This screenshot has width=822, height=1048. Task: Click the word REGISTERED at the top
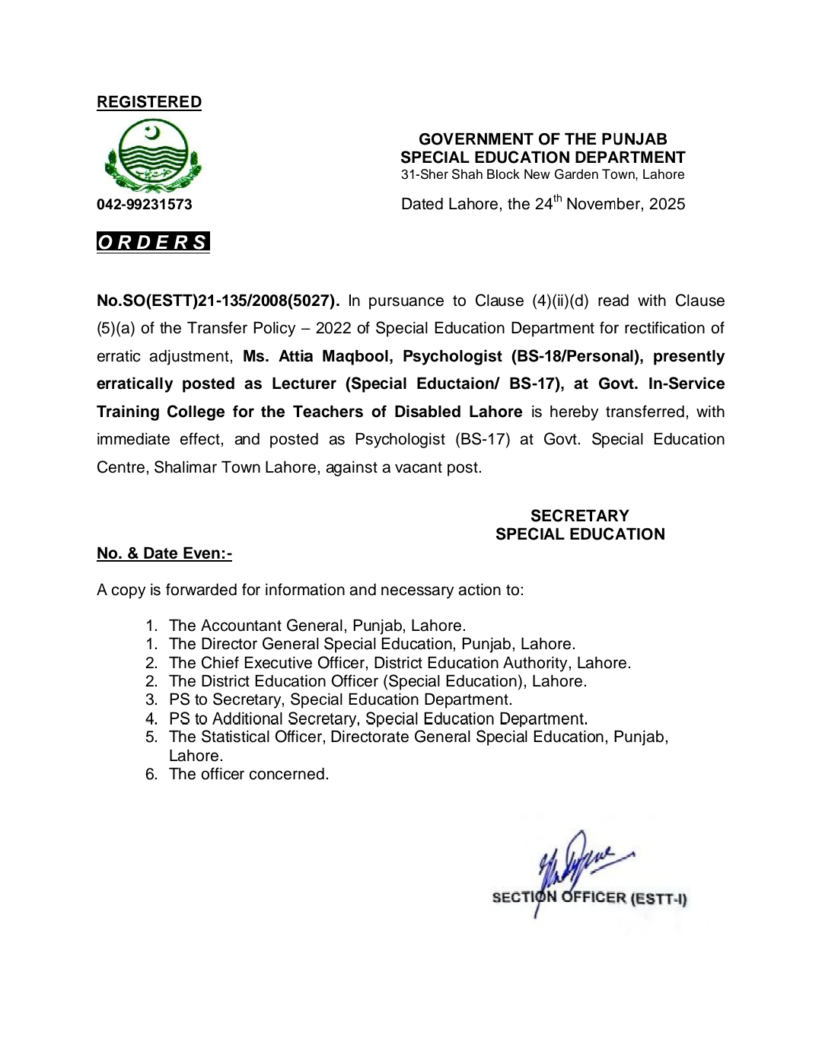click(x=149, y=102)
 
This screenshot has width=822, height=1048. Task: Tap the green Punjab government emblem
click(x=152, y=156)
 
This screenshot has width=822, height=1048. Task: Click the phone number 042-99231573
click(x=145, y=205)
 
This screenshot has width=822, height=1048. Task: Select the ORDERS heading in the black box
click(x=153, y=242)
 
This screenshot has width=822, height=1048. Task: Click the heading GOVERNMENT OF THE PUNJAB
click(x=543, y=139)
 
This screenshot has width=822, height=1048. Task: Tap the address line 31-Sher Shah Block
click(x=543, y=174)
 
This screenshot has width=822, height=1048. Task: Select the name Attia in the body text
click(x=296, y=356)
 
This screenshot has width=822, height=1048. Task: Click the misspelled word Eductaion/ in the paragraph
click(x=457, y=384)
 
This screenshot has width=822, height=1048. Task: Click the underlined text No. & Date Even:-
click(x=164, y=553)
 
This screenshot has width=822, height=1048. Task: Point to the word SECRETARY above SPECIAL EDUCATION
click(x=580, y=516)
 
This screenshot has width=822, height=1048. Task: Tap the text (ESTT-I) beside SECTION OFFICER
click(x=658, y=899)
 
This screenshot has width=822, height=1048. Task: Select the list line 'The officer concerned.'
click(x=249, y=774)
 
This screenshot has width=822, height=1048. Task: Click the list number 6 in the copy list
click(x=151, y=774)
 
